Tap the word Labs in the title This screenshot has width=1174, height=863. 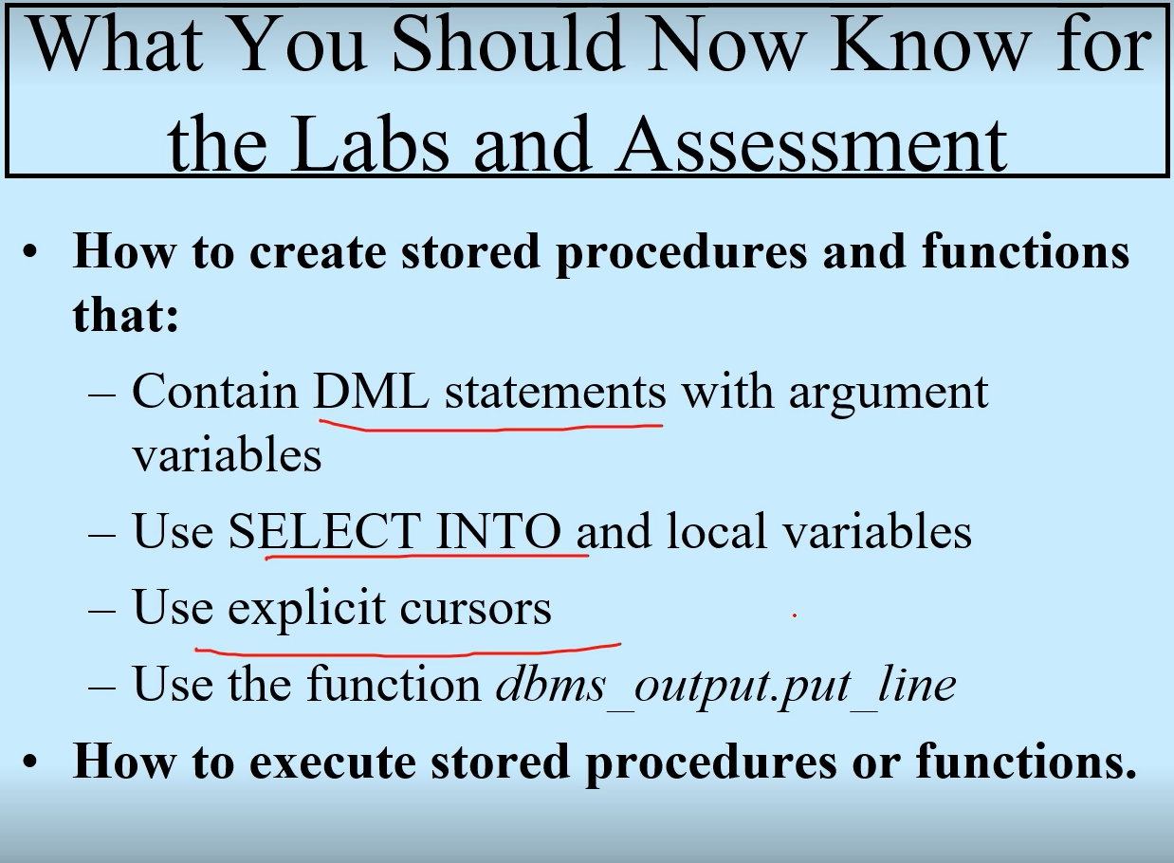371,144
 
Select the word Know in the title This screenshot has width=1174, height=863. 928,44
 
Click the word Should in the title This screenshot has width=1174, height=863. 508,44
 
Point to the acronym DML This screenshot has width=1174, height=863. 371,392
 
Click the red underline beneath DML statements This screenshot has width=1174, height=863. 490,427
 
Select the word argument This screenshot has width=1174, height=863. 889,395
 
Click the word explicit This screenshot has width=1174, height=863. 306,610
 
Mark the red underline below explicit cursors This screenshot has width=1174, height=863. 408,652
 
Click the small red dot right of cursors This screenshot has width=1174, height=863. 795,615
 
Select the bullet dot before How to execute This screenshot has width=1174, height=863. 30,762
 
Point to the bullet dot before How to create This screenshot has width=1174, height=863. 30,252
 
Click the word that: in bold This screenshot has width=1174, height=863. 125,315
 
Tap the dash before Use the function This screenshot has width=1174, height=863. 102,687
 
